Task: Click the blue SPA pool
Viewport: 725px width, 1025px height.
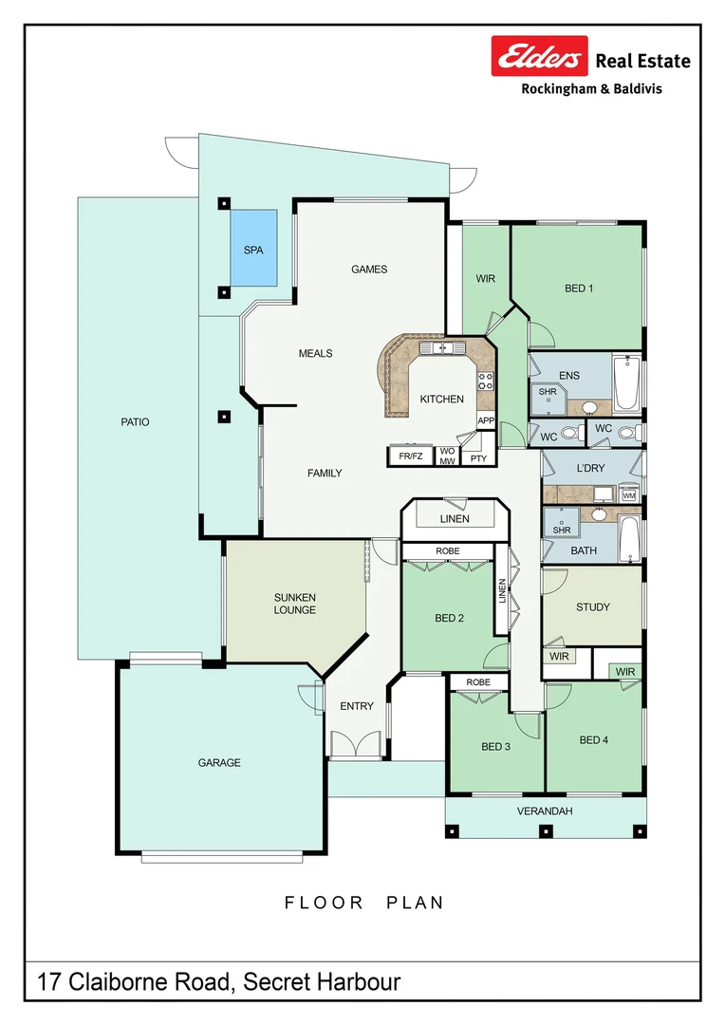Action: (x=253, y=248)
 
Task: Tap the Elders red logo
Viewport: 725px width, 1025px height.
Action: (x=539, y=56)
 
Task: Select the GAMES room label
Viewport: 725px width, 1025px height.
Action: (x=369, y=270)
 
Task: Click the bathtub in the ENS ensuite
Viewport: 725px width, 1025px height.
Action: (x=626, y=383)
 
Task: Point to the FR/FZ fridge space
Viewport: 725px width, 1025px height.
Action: (x=411, y=457)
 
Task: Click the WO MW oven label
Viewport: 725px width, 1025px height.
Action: (x=447, y=457)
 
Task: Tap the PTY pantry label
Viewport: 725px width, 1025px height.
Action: (x=478, y=458)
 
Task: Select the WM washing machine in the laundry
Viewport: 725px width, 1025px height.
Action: (x=629, y=494)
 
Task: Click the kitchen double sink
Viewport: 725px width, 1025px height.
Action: (x=441, y=346)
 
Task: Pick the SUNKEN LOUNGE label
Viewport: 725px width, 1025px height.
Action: (x=295, y=604)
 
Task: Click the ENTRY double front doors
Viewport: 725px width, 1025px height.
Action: (x=356, y=745)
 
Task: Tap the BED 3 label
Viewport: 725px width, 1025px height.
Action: (x=495, y=747)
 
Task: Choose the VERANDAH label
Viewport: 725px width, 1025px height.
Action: (x=545, y=811)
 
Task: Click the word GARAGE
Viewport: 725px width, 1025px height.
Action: (x=219, y=763)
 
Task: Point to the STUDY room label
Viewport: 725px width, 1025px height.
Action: (x=593, y=607)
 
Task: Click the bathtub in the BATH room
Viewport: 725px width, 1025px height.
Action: (x=629, y=539)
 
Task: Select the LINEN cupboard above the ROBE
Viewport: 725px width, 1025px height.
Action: (x=455, y=519)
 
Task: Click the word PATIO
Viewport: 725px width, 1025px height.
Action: (x=135, y=422)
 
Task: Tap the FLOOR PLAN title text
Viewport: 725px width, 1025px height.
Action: (x=364, y=903)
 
